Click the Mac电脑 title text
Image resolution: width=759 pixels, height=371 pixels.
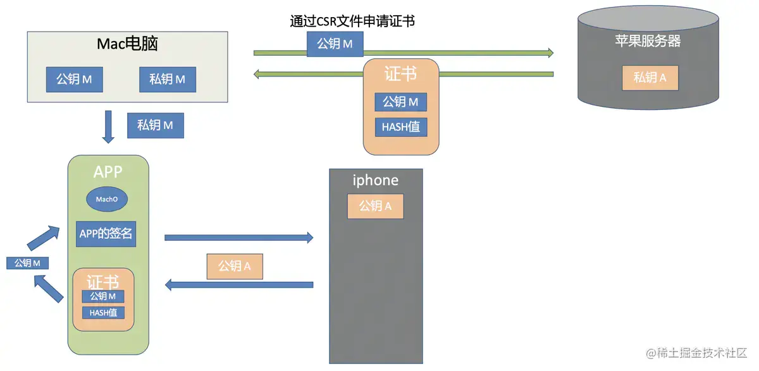tap(127, 44)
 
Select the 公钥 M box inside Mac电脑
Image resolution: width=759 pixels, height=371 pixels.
tap(74, 79)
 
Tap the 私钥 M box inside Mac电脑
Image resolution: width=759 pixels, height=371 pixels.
tap(167, 79)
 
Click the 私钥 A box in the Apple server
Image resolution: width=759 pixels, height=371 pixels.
tap(650, 78)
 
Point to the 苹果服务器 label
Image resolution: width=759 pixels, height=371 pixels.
tap(648, 41)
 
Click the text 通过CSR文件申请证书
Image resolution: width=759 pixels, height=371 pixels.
tap(352, 21)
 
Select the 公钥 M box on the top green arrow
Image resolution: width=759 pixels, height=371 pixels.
tap(335, 44)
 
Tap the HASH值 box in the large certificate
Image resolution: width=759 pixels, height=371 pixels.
tap(400, 126)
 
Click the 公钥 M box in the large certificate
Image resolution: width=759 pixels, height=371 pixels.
tap(400, 102)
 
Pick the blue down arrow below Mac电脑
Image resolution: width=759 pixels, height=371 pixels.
tap(108, 126)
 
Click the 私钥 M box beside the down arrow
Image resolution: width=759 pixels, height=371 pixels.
tap(155, 125)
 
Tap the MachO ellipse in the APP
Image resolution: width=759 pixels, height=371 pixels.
tap(107, 199)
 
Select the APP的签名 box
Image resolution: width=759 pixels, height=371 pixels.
tap(106, 233)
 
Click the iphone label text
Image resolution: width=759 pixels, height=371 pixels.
tap(375, 180)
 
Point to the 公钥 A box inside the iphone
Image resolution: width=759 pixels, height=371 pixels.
tap(375, 206)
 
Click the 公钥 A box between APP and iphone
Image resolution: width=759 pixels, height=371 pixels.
tap(235, 266)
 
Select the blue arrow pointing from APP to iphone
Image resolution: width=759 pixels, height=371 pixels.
tap(238, 238)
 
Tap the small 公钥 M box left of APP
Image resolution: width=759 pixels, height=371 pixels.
tap(28, 263)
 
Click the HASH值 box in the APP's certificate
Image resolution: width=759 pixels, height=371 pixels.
tap(103, 312)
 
